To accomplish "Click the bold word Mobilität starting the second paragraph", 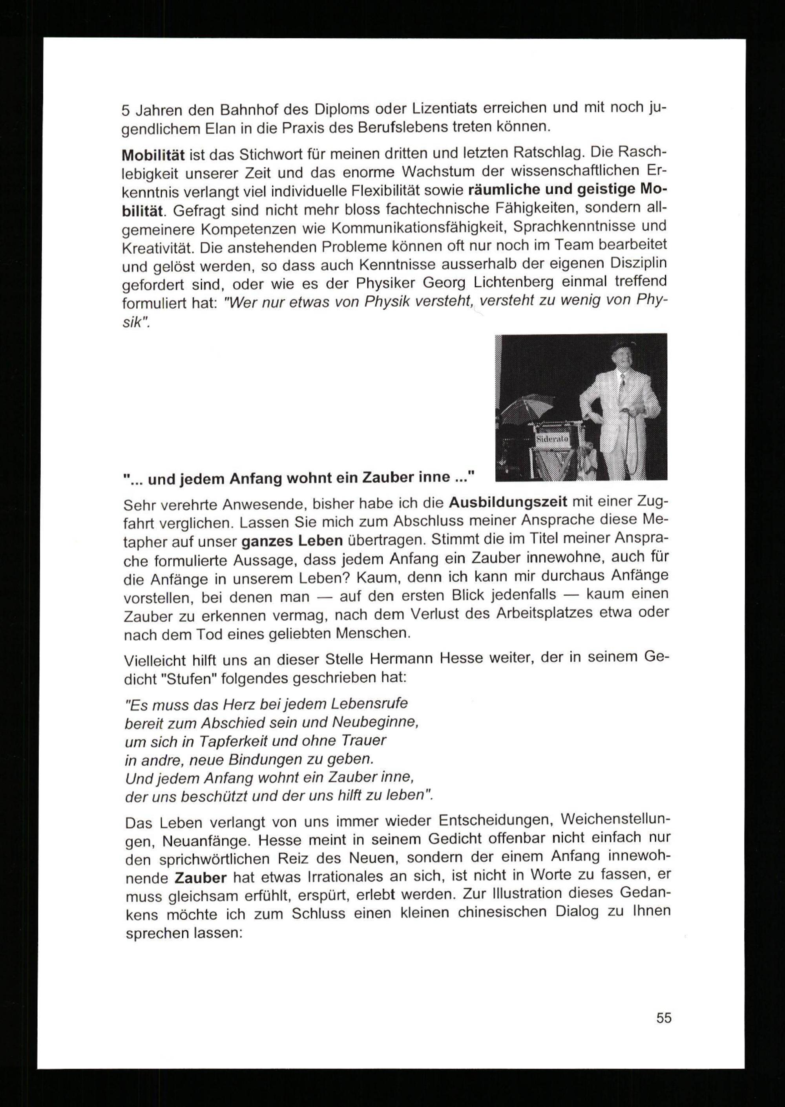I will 153,156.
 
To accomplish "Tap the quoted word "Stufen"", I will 192,679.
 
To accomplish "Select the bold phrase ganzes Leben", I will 292,541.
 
